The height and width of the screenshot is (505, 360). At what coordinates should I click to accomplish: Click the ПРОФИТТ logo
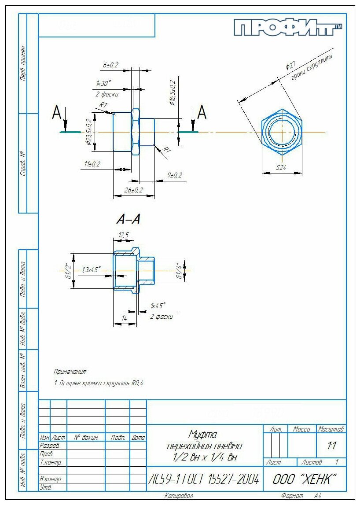288,28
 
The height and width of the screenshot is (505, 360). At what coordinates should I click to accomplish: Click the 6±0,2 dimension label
110,65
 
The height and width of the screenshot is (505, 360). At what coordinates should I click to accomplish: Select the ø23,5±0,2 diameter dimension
88,132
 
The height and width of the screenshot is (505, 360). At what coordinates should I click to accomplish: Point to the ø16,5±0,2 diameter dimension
173,93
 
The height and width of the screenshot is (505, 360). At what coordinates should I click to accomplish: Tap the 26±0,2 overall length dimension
133,190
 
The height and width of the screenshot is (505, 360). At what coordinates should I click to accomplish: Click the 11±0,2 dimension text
92,164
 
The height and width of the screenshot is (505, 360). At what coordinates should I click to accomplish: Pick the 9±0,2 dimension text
174,175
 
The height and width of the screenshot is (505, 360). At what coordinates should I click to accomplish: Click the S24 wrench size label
282,168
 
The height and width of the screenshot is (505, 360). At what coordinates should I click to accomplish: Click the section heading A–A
129,219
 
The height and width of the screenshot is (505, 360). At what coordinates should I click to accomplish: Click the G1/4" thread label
179,271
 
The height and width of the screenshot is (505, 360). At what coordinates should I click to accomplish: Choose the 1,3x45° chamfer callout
91,269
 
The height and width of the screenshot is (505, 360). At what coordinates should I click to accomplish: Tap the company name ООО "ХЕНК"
305,479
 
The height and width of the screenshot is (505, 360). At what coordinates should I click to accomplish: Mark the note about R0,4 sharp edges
99,383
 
